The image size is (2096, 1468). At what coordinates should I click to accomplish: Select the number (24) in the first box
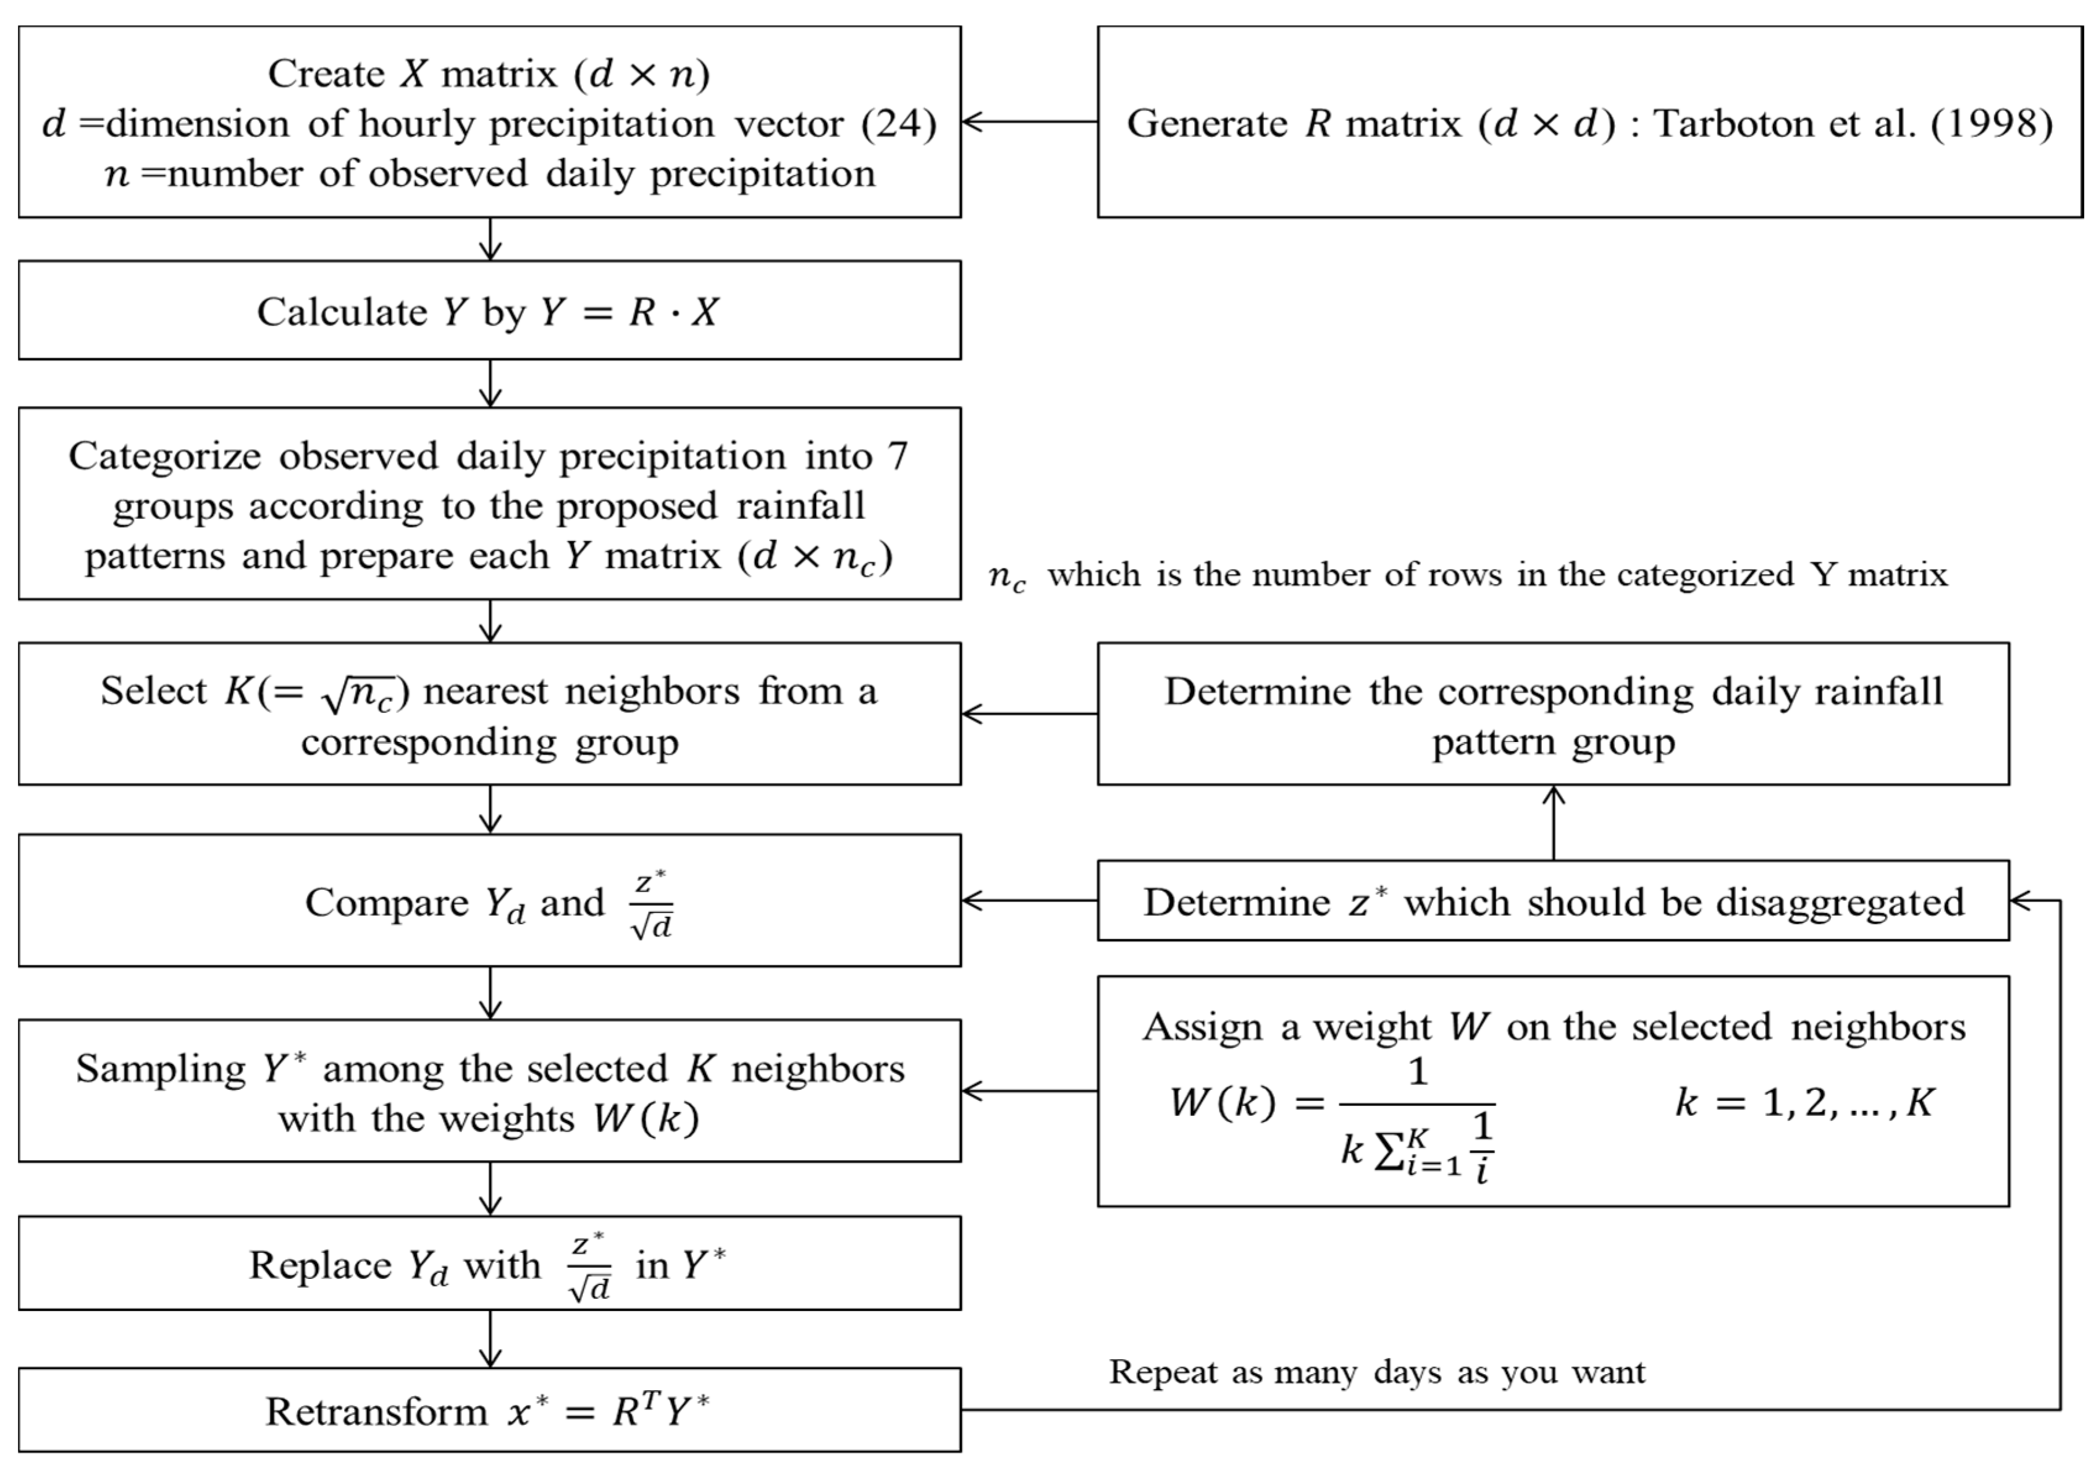coord(899,123)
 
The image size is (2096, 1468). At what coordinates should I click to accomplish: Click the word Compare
coord(387,903)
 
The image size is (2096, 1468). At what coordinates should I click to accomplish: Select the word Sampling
coord(161,1069)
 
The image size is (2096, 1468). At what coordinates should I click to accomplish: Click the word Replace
coord(319,1266)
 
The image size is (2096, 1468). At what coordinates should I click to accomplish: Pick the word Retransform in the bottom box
coord(376,1411)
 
